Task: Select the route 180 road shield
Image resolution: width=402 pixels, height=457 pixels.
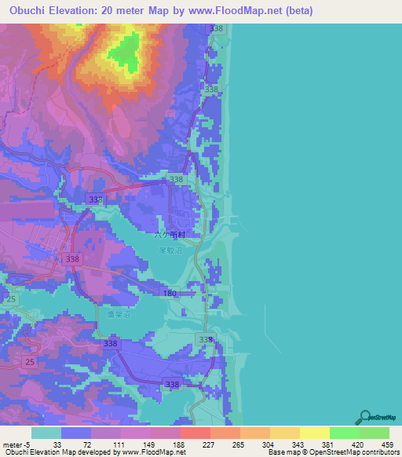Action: pyautogui.click(x=169, y=294)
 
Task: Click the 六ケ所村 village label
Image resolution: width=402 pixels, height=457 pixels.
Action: pyautogui.click(x=167, y=235)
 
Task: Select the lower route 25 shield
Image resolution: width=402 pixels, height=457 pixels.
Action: pyautogui.click(x=30, y=361)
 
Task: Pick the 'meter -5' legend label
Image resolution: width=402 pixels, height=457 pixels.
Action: pyautogui.click(x=16, y=444)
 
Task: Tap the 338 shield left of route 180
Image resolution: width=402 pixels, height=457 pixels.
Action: pyautogui.click(x=73, y=258)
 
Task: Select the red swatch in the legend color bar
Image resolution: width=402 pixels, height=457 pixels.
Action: pyautogui.click(x=195, y=433)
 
